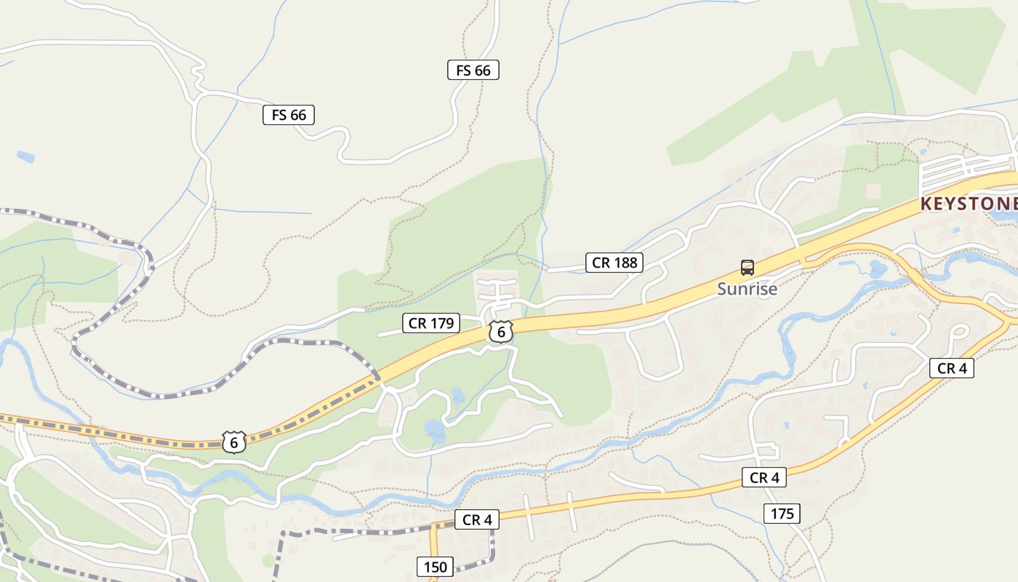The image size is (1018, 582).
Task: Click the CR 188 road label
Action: point(614,263)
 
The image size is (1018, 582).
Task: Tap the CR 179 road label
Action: point(431,323)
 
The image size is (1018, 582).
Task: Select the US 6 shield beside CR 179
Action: point(501,332)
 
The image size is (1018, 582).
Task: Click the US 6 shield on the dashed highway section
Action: point(233,442)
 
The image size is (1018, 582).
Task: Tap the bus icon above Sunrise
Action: point(748,268)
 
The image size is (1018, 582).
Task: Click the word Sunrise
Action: point(747,289)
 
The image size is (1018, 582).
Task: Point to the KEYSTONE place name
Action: point(969,204)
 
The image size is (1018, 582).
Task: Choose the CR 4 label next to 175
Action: point(764,477)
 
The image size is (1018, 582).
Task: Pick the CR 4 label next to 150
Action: point(478,519)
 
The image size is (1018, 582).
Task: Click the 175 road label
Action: point(782,514)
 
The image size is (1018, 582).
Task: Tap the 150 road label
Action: point(436,567)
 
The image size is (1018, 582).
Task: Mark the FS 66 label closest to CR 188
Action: point(473,70)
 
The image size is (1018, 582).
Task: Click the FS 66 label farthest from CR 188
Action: point(289,114)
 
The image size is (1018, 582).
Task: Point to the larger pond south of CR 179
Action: point(435,431)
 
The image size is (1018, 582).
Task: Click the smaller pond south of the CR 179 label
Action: point(457,396)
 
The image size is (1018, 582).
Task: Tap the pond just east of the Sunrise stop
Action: point(878,270)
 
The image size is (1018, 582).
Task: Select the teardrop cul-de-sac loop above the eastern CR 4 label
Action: point(958,332)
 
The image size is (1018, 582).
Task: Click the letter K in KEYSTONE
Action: point(926,204)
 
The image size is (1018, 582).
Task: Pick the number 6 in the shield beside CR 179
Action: point(501,332)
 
